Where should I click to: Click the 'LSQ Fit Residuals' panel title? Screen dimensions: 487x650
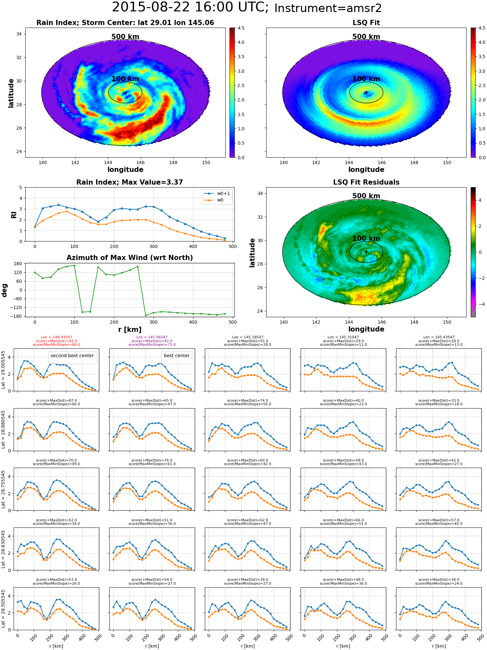click(366, 182)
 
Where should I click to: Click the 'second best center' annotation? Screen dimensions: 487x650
click(72, 356)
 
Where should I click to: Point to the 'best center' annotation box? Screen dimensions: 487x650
click(177, 356)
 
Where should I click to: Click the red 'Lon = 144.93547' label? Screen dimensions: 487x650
click(56, 337)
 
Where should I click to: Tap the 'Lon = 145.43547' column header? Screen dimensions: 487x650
click(439, 337)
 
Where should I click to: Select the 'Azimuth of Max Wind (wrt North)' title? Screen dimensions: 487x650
click(130, 258)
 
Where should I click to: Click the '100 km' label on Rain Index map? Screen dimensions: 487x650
click(125, 79)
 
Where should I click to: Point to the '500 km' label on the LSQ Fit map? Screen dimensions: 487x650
click(366, 37)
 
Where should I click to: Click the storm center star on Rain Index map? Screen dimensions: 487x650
click(125, 93)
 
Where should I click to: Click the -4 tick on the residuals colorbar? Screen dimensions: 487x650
click(480, 304)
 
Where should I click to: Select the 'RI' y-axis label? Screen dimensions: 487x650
click(14, 214)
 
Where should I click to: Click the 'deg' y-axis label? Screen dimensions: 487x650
click(5, 290)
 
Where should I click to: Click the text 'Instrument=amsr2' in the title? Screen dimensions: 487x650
click(328, 8)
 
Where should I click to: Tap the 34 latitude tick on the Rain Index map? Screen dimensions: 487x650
click(19, 34)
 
